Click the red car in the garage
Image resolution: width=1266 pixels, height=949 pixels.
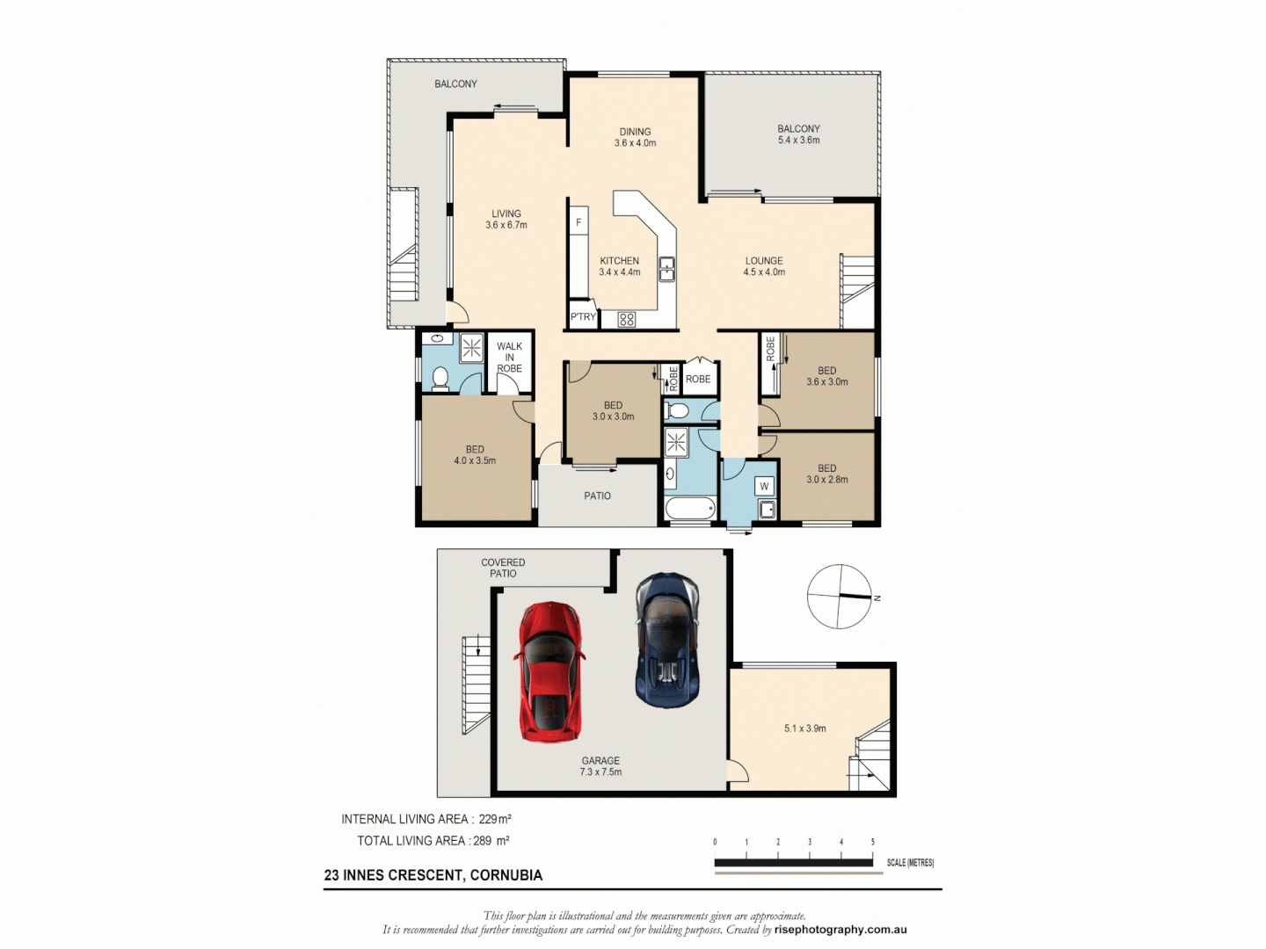tap(549, 670)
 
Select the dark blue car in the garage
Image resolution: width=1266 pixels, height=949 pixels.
tap(667, 640)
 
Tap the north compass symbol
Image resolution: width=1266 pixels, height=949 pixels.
tap(840, 597)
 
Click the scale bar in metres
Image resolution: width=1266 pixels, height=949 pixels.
tap(793, 863)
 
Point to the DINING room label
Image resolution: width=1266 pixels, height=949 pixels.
tap(635, 137)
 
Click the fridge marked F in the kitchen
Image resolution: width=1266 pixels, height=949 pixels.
tap(578, 223)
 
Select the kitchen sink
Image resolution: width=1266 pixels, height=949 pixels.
tap(666, 268)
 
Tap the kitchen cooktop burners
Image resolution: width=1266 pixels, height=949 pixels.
tap(626, 320)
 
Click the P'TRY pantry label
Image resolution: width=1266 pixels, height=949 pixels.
tap(583, 317)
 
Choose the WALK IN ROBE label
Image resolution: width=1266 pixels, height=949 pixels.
tap(509, 358)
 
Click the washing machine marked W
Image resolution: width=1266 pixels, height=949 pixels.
tap(764, 487)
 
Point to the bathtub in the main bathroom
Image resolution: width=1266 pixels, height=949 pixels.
tap(690, 509)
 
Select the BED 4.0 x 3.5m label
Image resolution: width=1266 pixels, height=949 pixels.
tap(475, 455)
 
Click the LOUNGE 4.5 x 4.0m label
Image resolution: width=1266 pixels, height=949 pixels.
tap(764, 266)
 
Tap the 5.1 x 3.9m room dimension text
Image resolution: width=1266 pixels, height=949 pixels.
tap(804, 728)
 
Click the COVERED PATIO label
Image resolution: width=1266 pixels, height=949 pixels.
tap(503, 568)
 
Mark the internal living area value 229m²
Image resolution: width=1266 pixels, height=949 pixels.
tap(495, 819)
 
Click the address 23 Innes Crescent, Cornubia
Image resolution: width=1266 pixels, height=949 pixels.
tap(433, 875)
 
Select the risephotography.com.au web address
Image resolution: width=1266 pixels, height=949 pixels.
tap(840, 930)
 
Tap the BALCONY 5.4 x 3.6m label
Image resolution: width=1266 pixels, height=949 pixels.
tap(798, 134)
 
